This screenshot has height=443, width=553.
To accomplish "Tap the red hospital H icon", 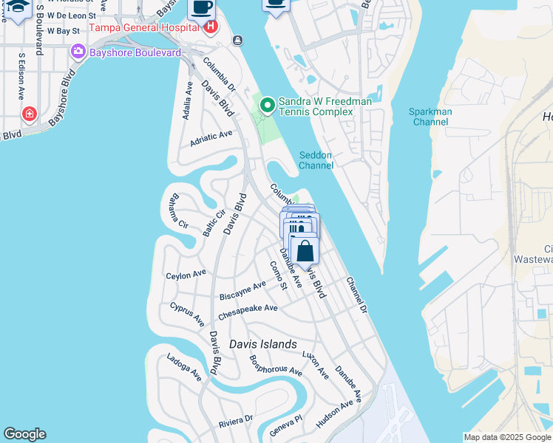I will (211, 28).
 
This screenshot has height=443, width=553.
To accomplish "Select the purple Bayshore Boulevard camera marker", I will (77, 52).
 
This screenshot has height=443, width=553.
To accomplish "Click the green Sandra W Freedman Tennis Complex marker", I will (266, 106).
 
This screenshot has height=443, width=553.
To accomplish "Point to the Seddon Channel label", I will (316, 159).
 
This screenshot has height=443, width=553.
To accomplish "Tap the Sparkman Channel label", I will (430, 116).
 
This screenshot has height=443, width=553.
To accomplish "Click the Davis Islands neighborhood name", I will (262, 344).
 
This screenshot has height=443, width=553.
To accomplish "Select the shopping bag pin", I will (305, 250).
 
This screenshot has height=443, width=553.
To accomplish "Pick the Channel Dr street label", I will (356, 293).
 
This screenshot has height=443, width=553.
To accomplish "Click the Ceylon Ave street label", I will (186, 275).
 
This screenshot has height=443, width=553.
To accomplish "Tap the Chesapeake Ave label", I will (248, 312).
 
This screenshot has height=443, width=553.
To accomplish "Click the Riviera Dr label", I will (236, 421).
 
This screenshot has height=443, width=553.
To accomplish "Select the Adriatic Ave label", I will (211, 137).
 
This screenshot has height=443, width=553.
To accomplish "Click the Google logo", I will (24, 434).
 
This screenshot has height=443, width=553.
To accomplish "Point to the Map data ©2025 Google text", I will (507, 437).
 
